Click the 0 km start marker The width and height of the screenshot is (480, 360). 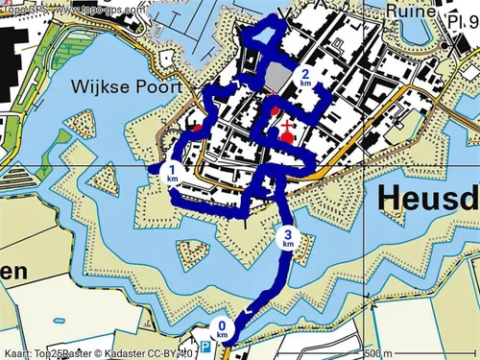(x=223, y=329)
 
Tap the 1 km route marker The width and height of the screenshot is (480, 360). (x=172, y=174)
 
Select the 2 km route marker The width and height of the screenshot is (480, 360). (x=305, y=77)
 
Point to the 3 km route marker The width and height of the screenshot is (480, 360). (x=287, y=238)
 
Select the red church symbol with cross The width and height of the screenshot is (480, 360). (x=285, y=132)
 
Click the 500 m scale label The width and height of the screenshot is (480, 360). (x=382, y=352)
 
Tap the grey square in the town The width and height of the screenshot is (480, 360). (x=276, y=77)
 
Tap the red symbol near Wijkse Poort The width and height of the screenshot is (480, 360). (x=198, y=126)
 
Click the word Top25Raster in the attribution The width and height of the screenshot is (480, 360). (x=64, y=352)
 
